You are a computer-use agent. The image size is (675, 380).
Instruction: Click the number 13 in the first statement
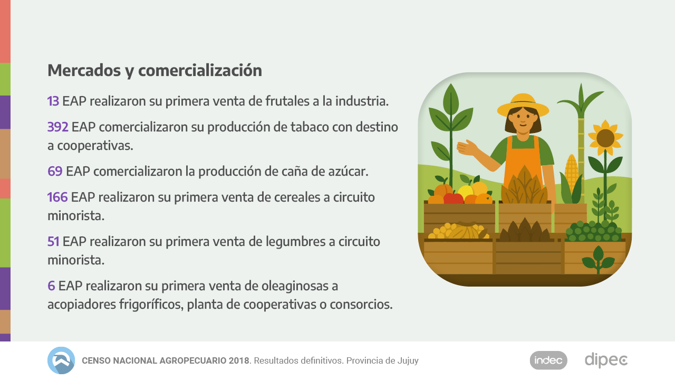point(53,101)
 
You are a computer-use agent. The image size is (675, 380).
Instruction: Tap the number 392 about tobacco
point(57,127)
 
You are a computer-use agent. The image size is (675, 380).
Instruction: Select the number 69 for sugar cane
point(55,172)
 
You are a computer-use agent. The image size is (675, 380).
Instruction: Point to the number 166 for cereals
point(57,197)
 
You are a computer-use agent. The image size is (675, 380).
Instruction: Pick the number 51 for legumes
point(53,242)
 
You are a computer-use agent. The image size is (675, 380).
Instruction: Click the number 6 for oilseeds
point(51,286)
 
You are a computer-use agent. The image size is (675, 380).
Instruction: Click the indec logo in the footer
point(548,360)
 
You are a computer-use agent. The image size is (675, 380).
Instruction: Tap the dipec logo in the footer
point(606,360)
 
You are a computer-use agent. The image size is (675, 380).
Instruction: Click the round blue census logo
point(61,360)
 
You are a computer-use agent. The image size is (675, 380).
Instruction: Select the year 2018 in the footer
point(239,361)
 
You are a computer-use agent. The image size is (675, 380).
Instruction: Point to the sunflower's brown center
point(605,138)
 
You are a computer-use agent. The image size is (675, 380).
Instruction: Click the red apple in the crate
point(453,198)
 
